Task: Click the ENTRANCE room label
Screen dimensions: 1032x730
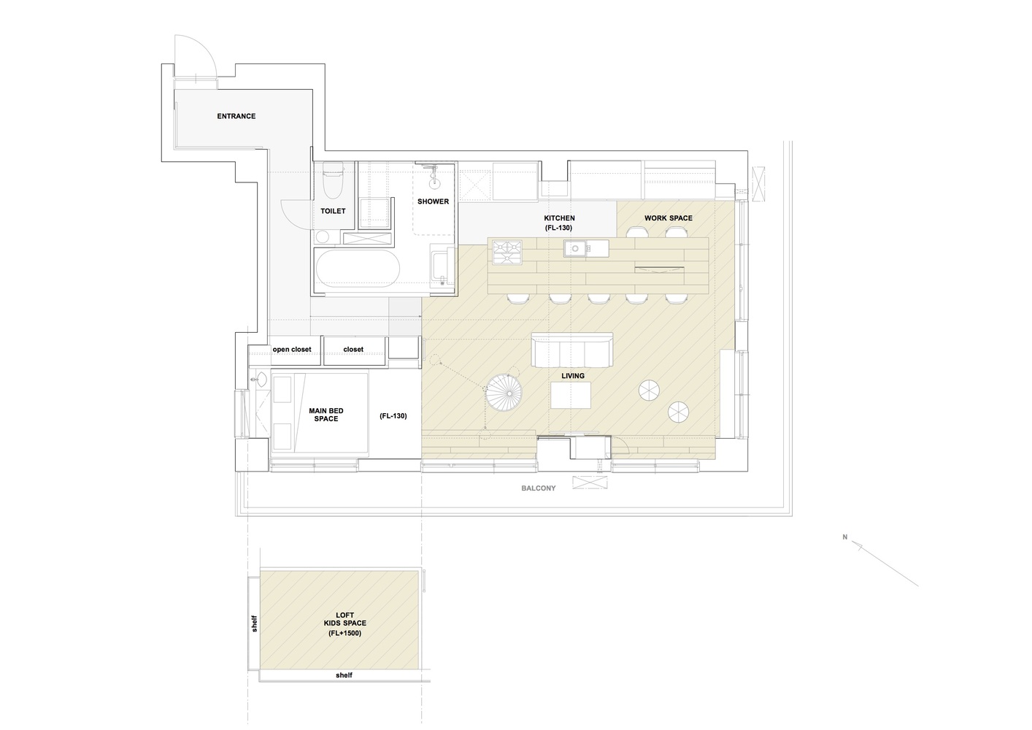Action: click(x=236, y=116)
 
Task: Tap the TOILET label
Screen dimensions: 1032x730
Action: click(x=333, y=211)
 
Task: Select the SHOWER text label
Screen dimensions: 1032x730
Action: click(x=433, y=201)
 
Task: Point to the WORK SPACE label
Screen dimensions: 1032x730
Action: click(x=668, y=218)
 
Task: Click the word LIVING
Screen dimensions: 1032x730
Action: click(x=573, y=376)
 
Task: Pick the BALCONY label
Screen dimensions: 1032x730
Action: click(x=538, y=488)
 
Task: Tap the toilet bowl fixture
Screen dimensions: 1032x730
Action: click(x=333, y=181)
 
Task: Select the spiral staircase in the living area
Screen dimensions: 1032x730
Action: click(x=504, y=392)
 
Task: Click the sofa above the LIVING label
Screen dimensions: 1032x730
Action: click(x=572, y=350)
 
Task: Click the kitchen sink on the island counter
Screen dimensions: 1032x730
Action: click(x=574, y=249)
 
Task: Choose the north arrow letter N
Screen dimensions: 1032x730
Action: click(x=845, y=537)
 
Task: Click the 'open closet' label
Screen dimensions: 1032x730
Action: click(x=292, y=350)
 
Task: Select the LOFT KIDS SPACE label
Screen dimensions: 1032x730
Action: click(x=344, y=619)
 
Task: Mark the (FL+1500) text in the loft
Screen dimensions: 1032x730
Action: click(x=344, y=633)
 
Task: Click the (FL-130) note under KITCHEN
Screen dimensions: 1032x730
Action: click(x=558, y=228)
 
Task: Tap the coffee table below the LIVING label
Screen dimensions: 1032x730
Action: click(x=571, y=396)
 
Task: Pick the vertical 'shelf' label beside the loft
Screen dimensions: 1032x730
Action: click(x=254, y=623)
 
